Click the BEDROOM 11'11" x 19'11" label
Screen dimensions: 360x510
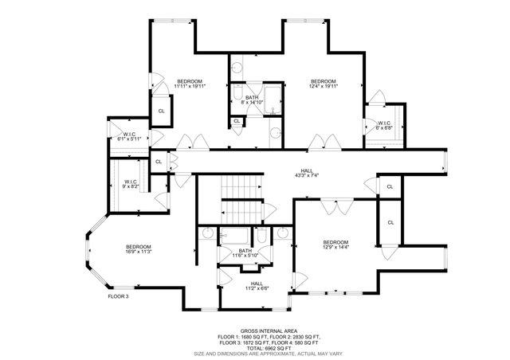point(190,84)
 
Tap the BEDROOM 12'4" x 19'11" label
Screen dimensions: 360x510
point(323,84)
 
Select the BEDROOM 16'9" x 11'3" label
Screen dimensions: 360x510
point(138,249)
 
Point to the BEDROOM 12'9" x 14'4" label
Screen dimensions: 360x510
point(335,245)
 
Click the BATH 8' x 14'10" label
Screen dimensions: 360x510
point(252,100)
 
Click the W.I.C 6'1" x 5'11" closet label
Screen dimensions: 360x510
point(129,136)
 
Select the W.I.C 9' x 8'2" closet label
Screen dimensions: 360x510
point(130,183)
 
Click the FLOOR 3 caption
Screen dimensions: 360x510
point(118,296)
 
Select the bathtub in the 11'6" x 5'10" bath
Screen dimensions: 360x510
point(237,237)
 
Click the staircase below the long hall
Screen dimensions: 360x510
point(243,199)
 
